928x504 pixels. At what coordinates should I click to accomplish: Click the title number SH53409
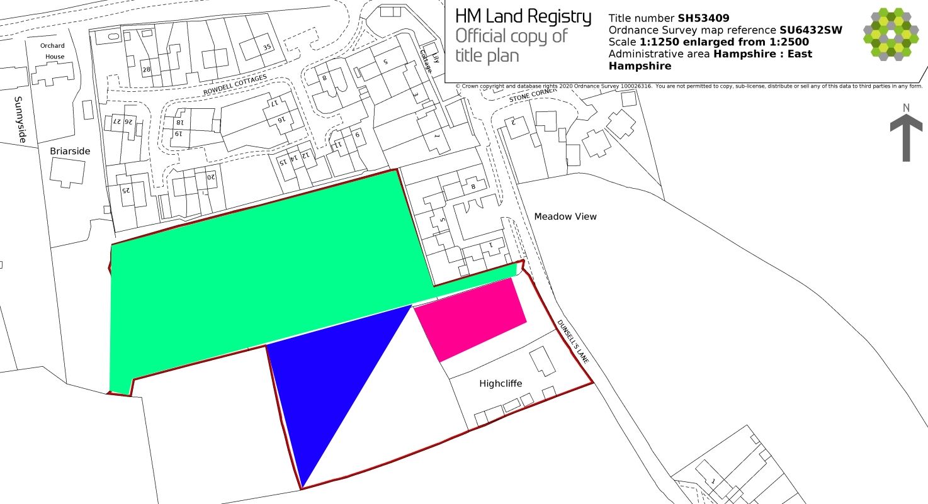click(703, 18)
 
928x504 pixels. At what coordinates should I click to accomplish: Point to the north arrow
click(906, 135)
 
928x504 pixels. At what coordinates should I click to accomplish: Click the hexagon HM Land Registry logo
click(891, 35)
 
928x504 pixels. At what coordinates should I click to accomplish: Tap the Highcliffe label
click(501, 383)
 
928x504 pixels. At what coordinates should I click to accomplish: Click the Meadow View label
click(565, 216)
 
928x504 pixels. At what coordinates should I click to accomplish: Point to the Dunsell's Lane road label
click(573, 342)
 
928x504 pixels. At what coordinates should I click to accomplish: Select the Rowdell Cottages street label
click(235, 86)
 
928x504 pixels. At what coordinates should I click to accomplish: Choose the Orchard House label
click(52, 51)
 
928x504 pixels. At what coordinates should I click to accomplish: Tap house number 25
click(125, 189)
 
